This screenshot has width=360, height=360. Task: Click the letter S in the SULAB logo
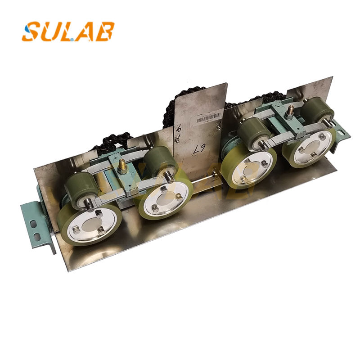pos(32,31)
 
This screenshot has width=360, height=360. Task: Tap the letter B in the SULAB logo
pos(104,31)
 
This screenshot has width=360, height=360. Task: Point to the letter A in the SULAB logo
pos(86,31)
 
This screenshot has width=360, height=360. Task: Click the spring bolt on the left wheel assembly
pos(122,170)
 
